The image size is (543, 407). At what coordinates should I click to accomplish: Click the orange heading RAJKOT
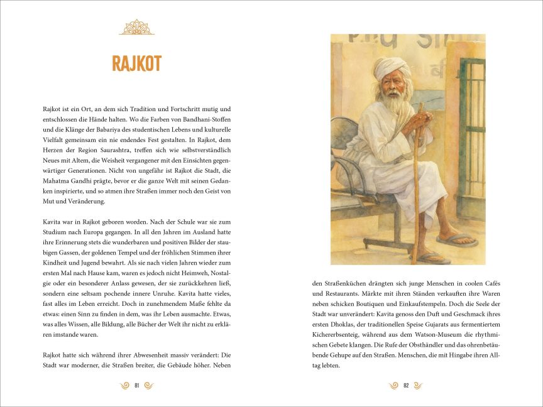136,63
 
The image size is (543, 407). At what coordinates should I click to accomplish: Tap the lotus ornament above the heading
136,27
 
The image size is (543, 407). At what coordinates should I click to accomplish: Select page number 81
136,385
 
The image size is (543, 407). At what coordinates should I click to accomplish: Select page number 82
406,385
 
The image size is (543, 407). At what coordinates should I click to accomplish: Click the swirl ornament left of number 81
124,385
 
